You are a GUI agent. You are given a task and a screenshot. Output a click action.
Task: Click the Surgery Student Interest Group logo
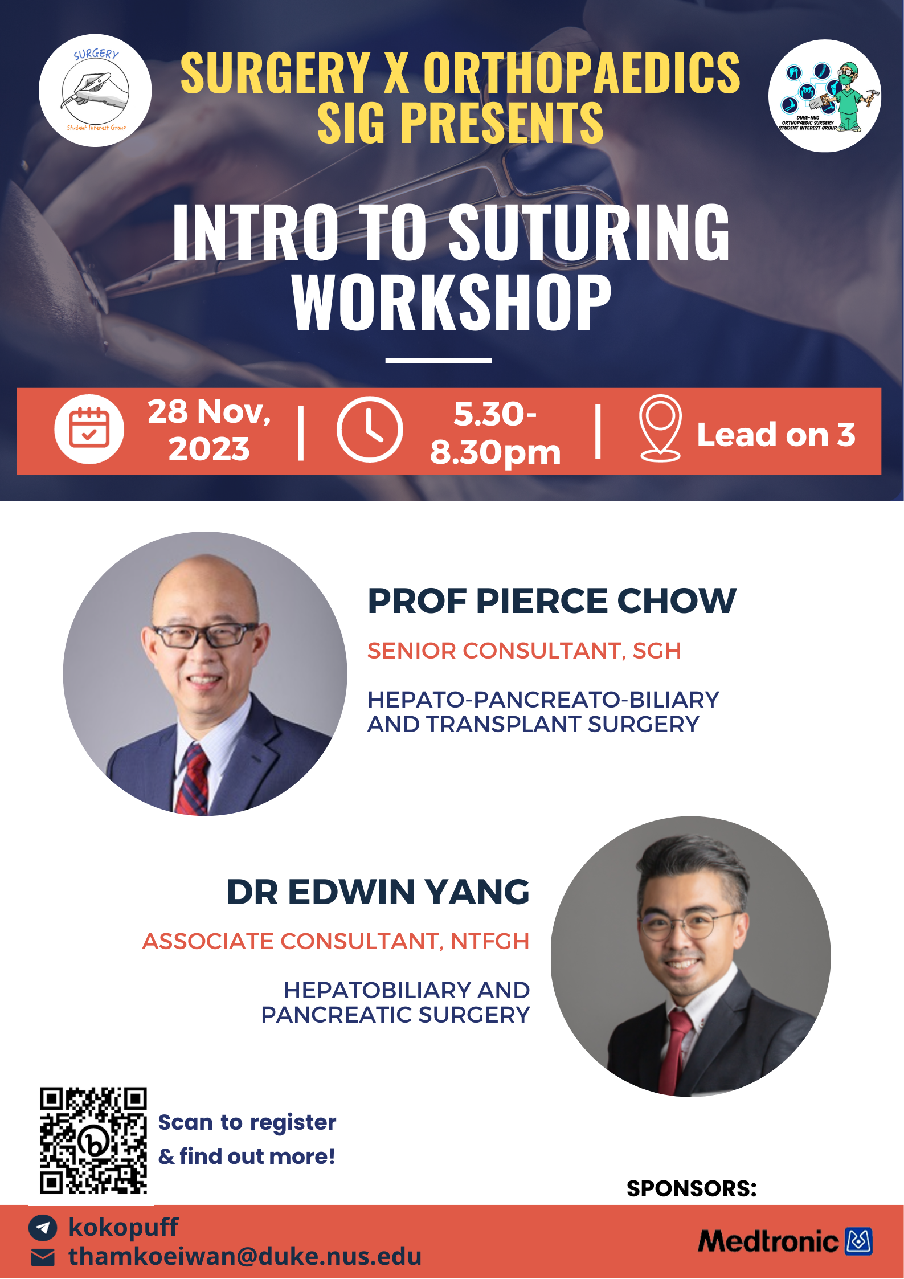(95, 91)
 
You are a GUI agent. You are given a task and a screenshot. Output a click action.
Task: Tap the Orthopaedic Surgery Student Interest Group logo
(824, 96)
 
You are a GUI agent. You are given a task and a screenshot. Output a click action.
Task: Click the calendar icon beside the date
(89, 429)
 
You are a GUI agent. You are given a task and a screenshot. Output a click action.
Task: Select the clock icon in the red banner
(370, 429)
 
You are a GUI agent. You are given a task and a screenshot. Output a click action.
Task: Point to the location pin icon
(660, 428)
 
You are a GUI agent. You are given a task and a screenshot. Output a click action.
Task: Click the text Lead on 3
(776, 435)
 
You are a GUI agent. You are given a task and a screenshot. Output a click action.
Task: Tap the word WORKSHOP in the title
(451, 302)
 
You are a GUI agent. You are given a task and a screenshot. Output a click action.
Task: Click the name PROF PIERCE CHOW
(551, 601)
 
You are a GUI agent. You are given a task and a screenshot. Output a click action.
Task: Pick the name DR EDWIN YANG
(378, 892)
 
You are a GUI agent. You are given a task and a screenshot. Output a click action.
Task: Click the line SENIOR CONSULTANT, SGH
(524, 651)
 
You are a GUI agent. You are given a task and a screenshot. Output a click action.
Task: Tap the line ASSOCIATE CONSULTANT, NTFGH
(336, 941)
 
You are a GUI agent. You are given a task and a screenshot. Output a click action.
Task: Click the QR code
(93, 1141)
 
